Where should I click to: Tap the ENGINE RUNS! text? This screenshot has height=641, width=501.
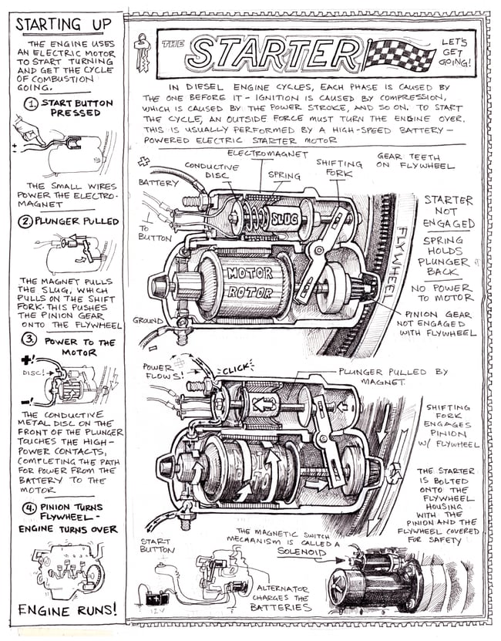tap(68, 609)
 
